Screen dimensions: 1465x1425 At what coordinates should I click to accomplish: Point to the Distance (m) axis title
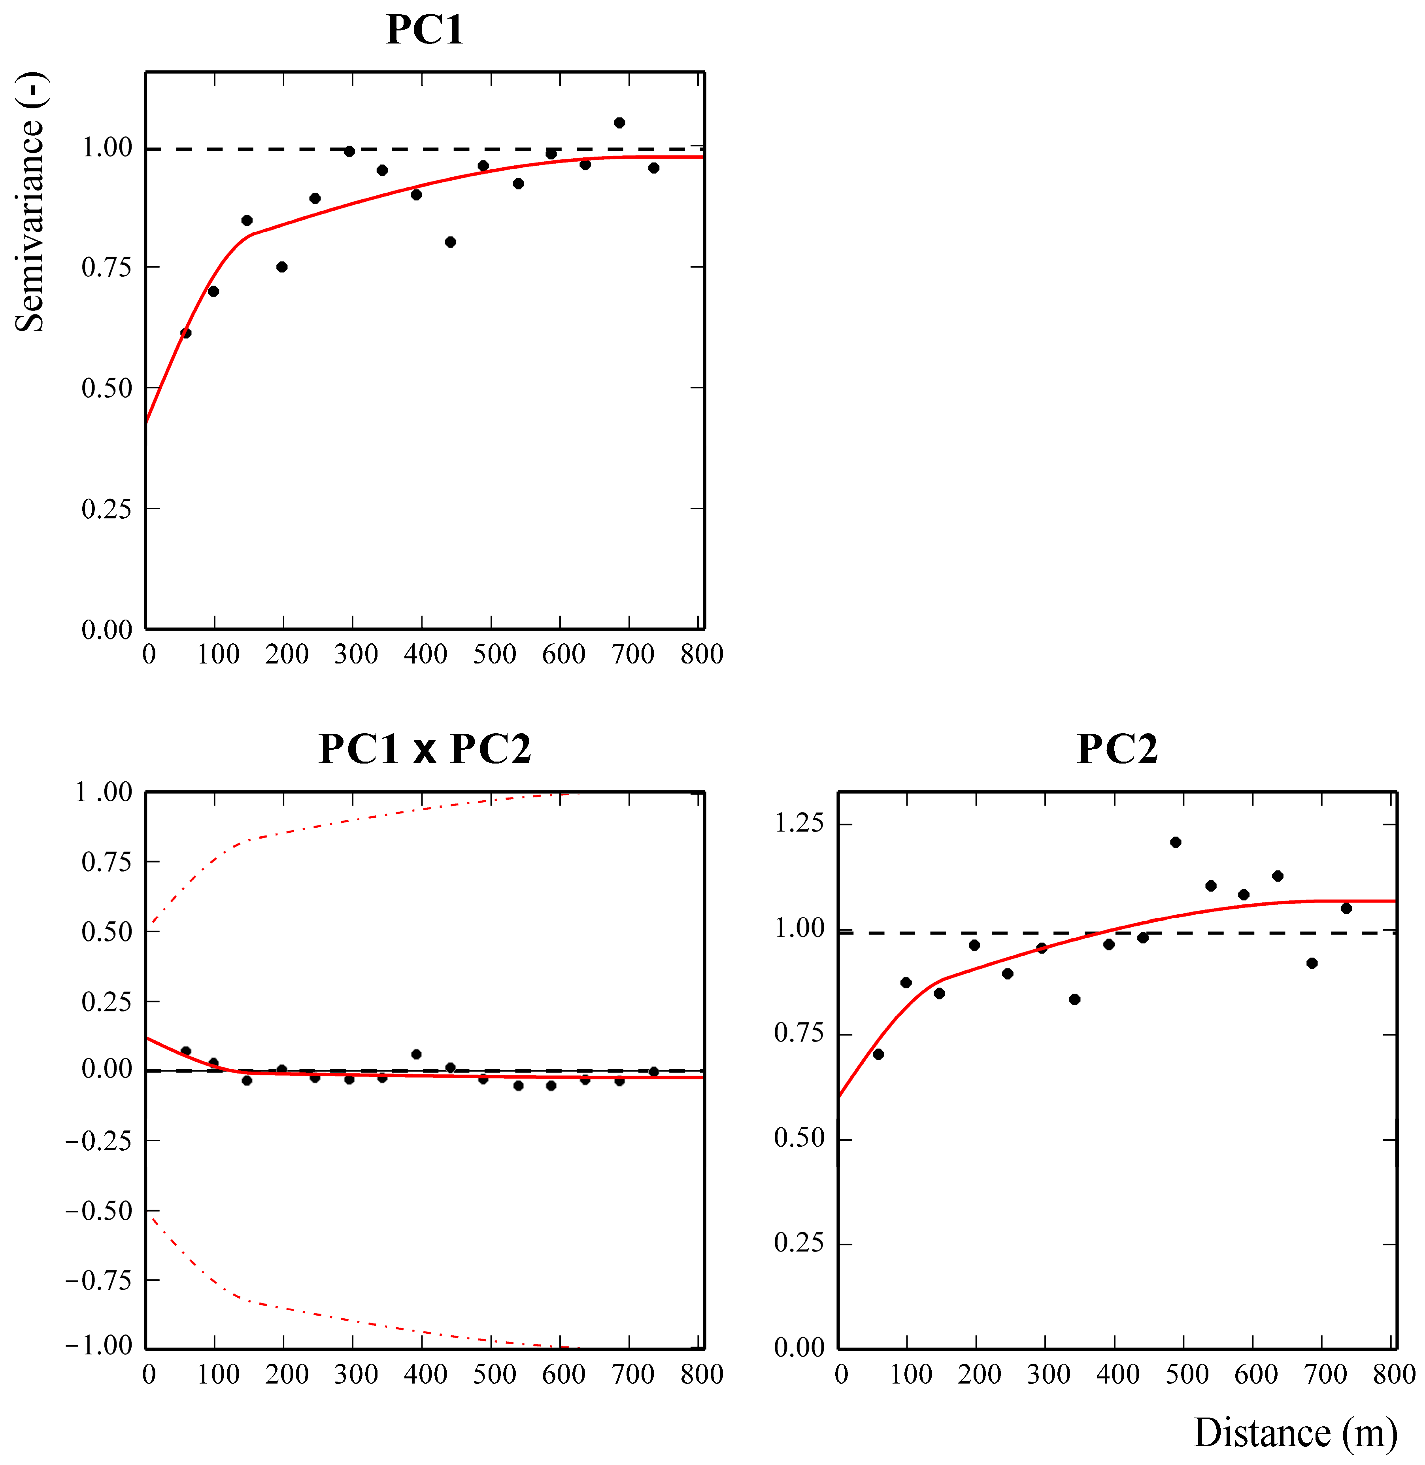tap(1295, 1433)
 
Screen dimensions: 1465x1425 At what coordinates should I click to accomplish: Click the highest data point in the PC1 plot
tap(619, 123)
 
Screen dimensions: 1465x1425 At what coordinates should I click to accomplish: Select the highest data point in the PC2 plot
tap(1175, 842)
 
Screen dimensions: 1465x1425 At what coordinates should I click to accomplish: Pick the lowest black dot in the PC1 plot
tap(186, 333)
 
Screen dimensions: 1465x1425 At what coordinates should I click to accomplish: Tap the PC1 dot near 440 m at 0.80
tap(450, 242)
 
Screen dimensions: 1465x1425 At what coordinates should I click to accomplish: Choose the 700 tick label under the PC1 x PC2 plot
tap(632, 1374)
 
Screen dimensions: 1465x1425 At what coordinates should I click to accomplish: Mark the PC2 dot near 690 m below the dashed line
tap(1311, 964)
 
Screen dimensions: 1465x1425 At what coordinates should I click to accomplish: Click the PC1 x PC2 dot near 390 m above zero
tap(416, 1054)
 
